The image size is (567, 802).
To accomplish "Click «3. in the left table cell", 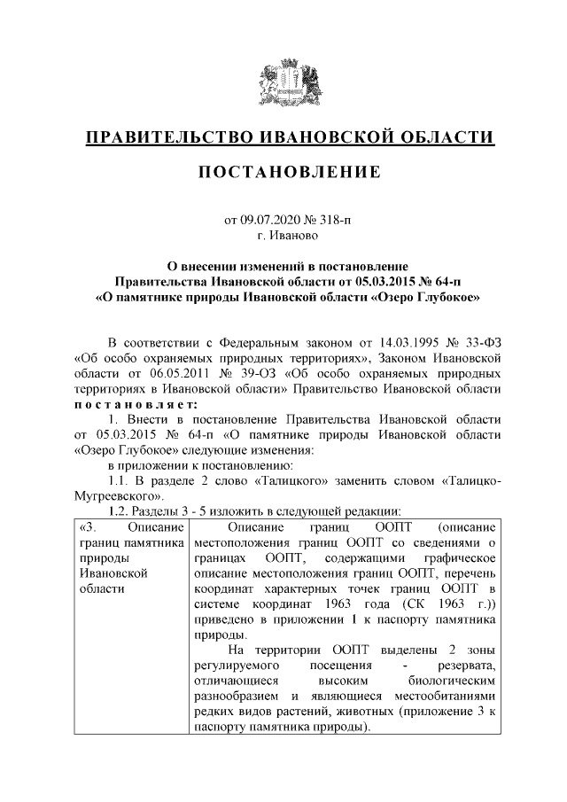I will [89, 527].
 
